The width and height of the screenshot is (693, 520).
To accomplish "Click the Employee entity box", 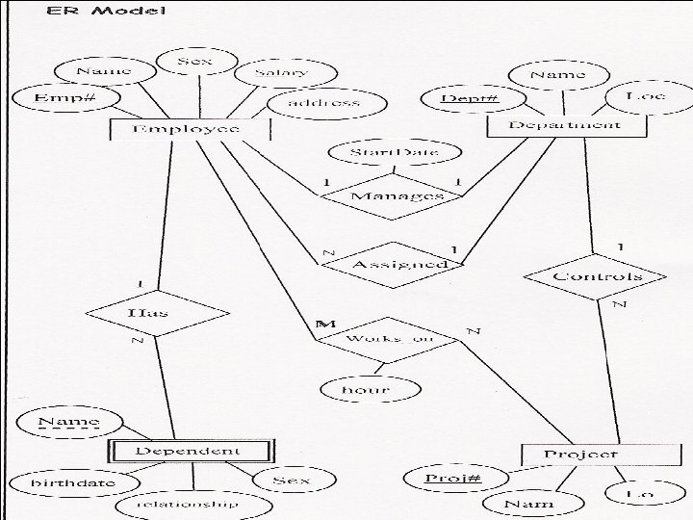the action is (188, 129).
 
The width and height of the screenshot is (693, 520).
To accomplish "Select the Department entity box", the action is (564, 125).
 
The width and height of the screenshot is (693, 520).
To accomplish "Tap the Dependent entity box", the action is (190, 451).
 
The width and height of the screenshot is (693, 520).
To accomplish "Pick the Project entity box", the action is (580, 454).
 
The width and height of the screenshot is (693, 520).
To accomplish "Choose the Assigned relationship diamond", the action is (387, 263).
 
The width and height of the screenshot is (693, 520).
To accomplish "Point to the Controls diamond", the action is (597, 276).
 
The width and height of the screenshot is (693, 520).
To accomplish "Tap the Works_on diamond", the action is (389, 338).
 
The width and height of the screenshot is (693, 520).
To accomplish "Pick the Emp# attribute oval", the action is (63, 97).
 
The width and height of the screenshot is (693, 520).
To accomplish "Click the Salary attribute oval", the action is (281, 72).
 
